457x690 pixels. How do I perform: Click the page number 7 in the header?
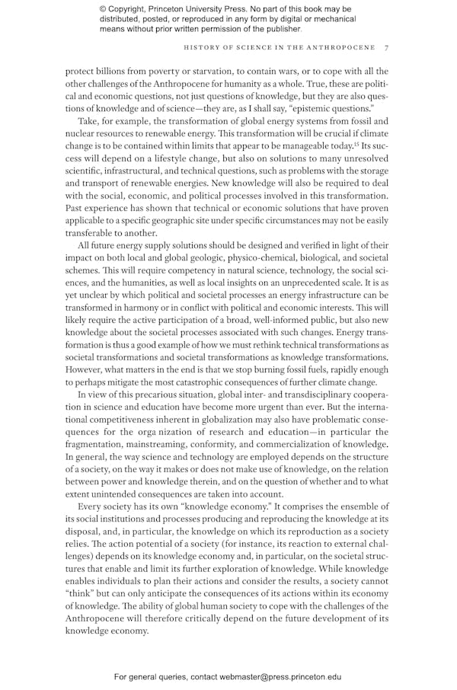click(x=387, y=47)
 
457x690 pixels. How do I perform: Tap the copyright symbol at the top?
click(x=103, y=9)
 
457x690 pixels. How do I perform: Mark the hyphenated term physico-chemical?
click(x=251, y=258)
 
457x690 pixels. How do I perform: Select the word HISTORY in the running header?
click(x=206, y=47)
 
